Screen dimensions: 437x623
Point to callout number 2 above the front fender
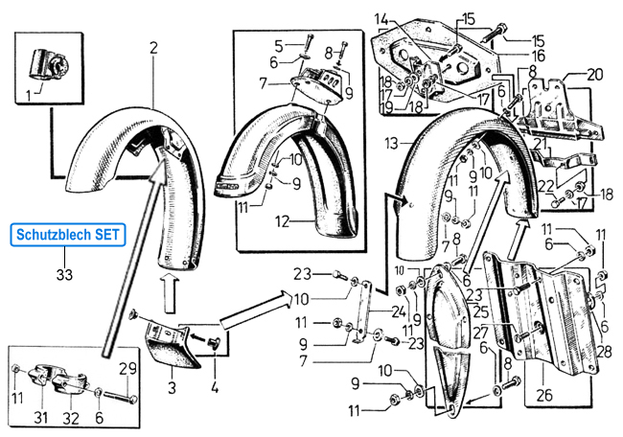coord(152,46)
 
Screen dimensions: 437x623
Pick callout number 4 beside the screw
coord(215,388)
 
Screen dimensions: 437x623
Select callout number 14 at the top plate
coord(381,18)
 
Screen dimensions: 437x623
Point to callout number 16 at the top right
coord(539,57)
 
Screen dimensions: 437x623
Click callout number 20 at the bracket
coord(595,75)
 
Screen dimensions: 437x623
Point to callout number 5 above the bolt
coord(279,45)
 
